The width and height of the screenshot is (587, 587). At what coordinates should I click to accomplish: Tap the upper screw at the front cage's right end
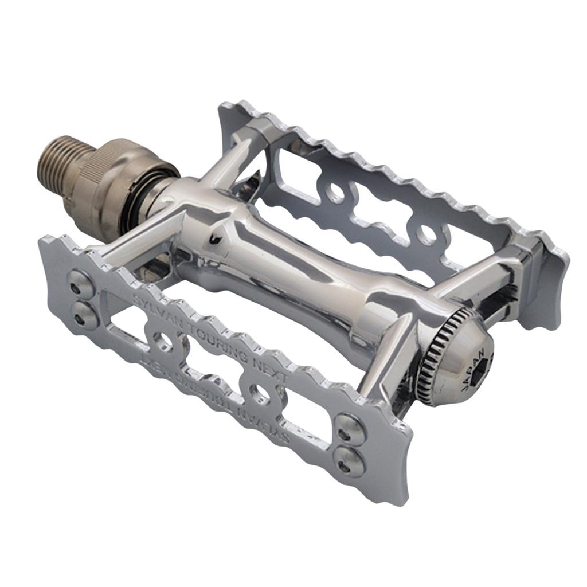349,426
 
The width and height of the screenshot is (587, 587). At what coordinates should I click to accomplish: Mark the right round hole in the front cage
261,394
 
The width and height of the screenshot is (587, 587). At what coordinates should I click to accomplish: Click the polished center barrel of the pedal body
287,269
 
